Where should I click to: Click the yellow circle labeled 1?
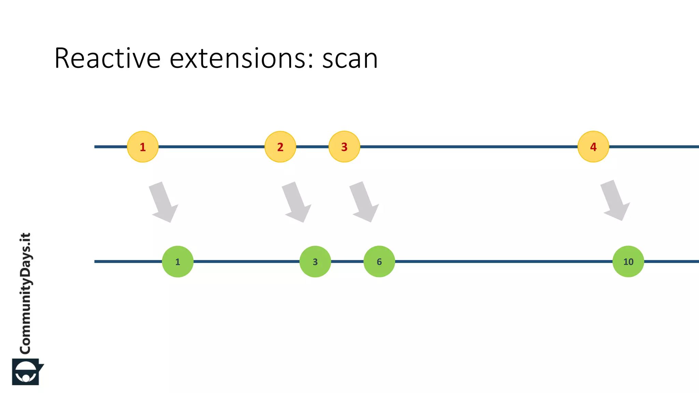point(143,147)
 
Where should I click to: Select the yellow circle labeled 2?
point(280,147)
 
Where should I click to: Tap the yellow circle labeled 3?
point(344,147)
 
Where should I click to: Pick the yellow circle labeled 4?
point(593,147)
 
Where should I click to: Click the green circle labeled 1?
point(177,262)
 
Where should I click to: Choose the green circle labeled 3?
point(315,262)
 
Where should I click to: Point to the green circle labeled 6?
point(379,262)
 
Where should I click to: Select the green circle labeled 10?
point(628,262)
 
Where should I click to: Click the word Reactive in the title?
point(107,58)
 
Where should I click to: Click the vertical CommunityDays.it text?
point(25,293)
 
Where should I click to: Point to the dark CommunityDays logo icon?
point(27,372)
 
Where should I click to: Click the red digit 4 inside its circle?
point(593,147)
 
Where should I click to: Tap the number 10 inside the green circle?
point(628,262)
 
